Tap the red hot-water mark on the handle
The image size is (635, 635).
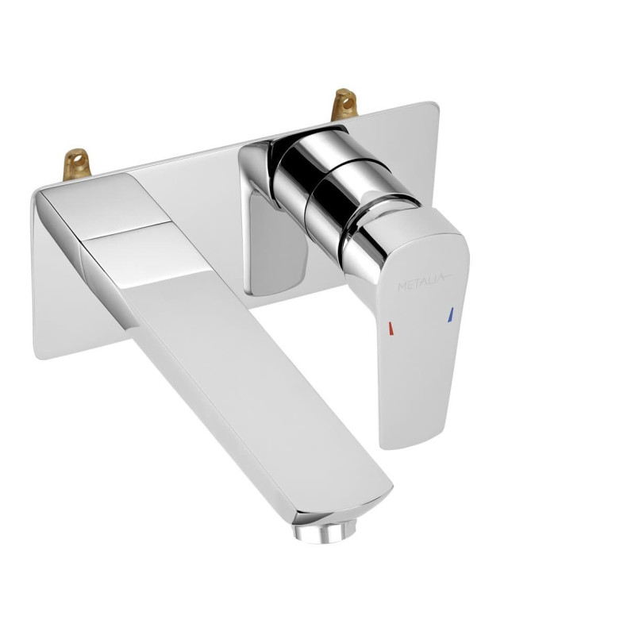(391, 329)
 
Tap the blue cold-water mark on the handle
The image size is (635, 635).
(450, 315)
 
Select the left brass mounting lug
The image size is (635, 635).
(76, 164)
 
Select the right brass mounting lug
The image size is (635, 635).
(344, 104)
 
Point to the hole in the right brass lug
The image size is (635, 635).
(347, 102)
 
